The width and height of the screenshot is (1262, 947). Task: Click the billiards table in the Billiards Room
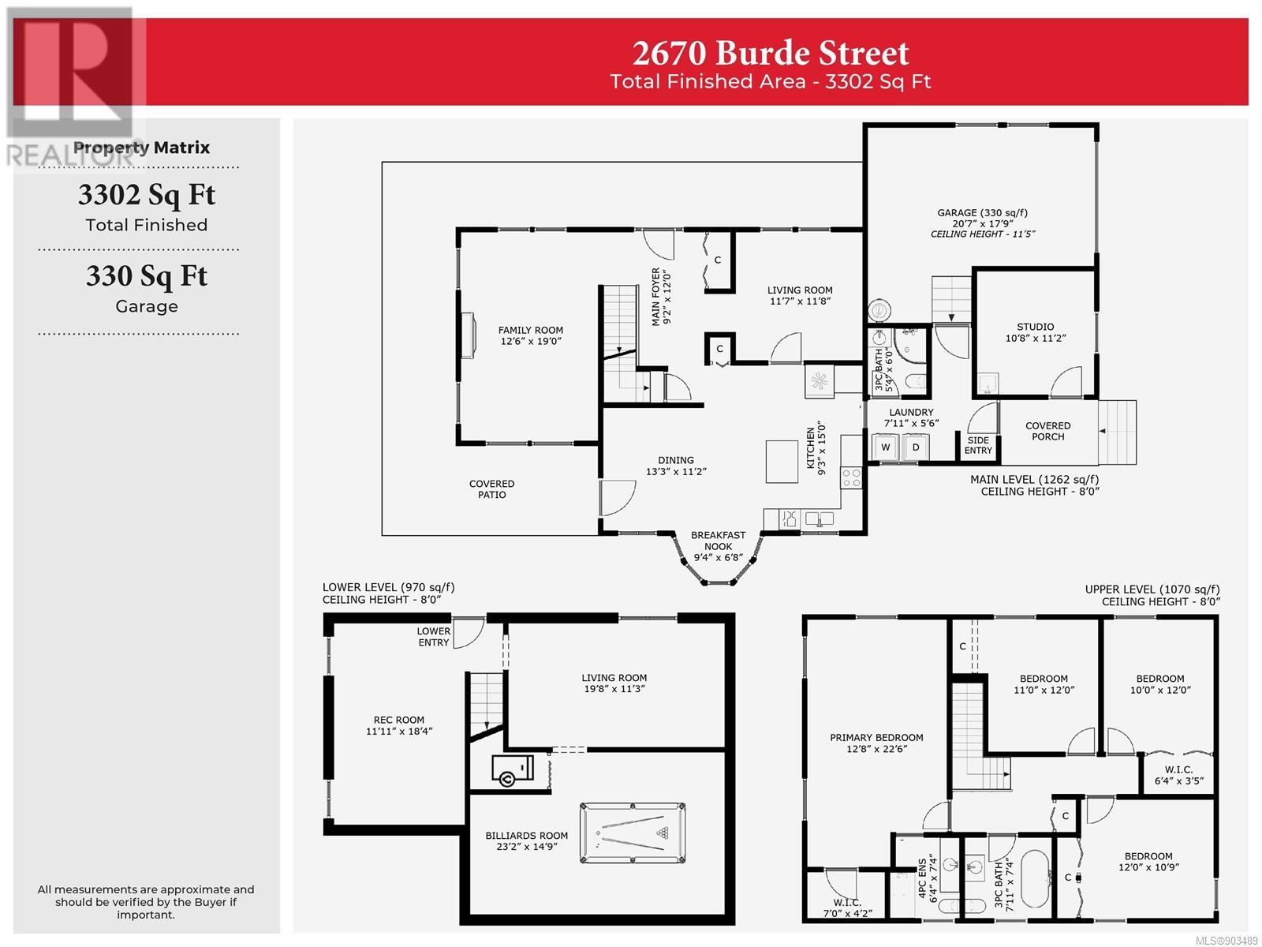pyautogui.click(x=633, y=833)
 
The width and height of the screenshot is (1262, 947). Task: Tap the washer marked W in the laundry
pyautogui.click(x=886, y=447)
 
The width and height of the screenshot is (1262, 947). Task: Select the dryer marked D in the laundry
pyautogui.click(x=915, y=447)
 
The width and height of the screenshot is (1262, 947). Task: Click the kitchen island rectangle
pyautogui.click(x=782, y=462)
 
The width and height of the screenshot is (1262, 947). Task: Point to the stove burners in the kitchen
pyautogui.click(x=851, y=477)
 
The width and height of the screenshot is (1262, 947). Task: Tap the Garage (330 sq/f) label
pyautogui.click(x=983, y=213)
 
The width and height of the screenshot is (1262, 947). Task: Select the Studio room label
pyautogui.click(x=1036, y=327)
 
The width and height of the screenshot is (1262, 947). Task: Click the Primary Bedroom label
pyautogui.click(x=876, y=738)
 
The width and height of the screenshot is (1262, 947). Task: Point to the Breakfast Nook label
pyautogui.click(x=718, y=541)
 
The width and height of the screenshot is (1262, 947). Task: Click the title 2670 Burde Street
pyautogui.click(x=771, y=53)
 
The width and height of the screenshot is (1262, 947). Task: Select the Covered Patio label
pyautogui.click(x=491, y=489)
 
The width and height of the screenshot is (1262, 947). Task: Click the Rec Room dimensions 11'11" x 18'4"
pyautogui.click(x=399, y=732)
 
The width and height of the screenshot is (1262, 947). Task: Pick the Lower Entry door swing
pyautogui.click(x=469, y=633)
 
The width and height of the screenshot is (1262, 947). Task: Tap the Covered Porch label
pyautogui.click(x=1047, y=431)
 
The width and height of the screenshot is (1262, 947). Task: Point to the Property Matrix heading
pyautogui.click(x=141, y=148)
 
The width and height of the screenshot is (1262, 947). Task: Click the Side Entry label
pyautogui.click(x=978, y=445)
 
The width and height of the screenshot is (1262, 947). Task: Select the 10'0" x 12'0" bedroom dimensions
pyautogui.click(x=1160, y=690)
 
